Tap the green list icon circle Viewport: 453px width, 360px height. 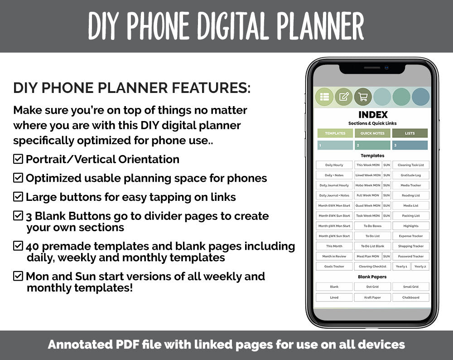(x=324, y=97)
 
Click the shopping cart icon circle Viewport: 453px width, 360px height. (x=363, y=97)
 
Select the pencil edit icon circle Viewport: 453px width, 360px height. (x=344, y=97)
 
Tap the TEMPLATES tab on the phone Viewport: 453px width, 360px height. (x=335, y=133)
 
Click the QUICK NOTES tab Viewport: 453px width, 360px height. (x=372, y=133)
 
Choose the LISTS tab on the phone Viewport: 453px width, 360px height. (x=410, y=133)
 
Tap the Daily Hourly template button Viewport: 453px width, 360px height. (x=334, y=165)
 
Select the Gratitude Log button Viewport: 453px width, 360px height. (x=410, y=175)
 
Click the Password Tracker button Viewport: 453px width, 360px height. (x=410, y=256)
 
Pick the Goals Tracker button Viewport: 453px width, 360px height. (x=334, y=267)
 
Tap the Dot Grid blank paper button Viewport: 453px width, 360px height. (x=372, y=287)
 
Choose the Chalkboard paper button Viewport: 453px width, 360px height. (x=410, y=297)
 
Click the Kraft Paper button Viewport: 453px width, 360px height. (x=372, y=297)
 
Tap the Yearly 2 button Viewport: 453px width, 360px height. (x=420, y=267)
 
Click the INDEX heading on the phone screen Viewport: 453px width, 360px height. (x=373, y=115)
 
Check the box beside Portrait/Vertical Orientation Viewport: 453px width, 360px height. (x=18, y=159)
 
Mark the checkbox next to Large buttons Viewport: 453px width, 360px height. (x=18, y=197)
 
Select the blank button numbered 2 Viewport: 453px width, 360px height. (x=372, y=146)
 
